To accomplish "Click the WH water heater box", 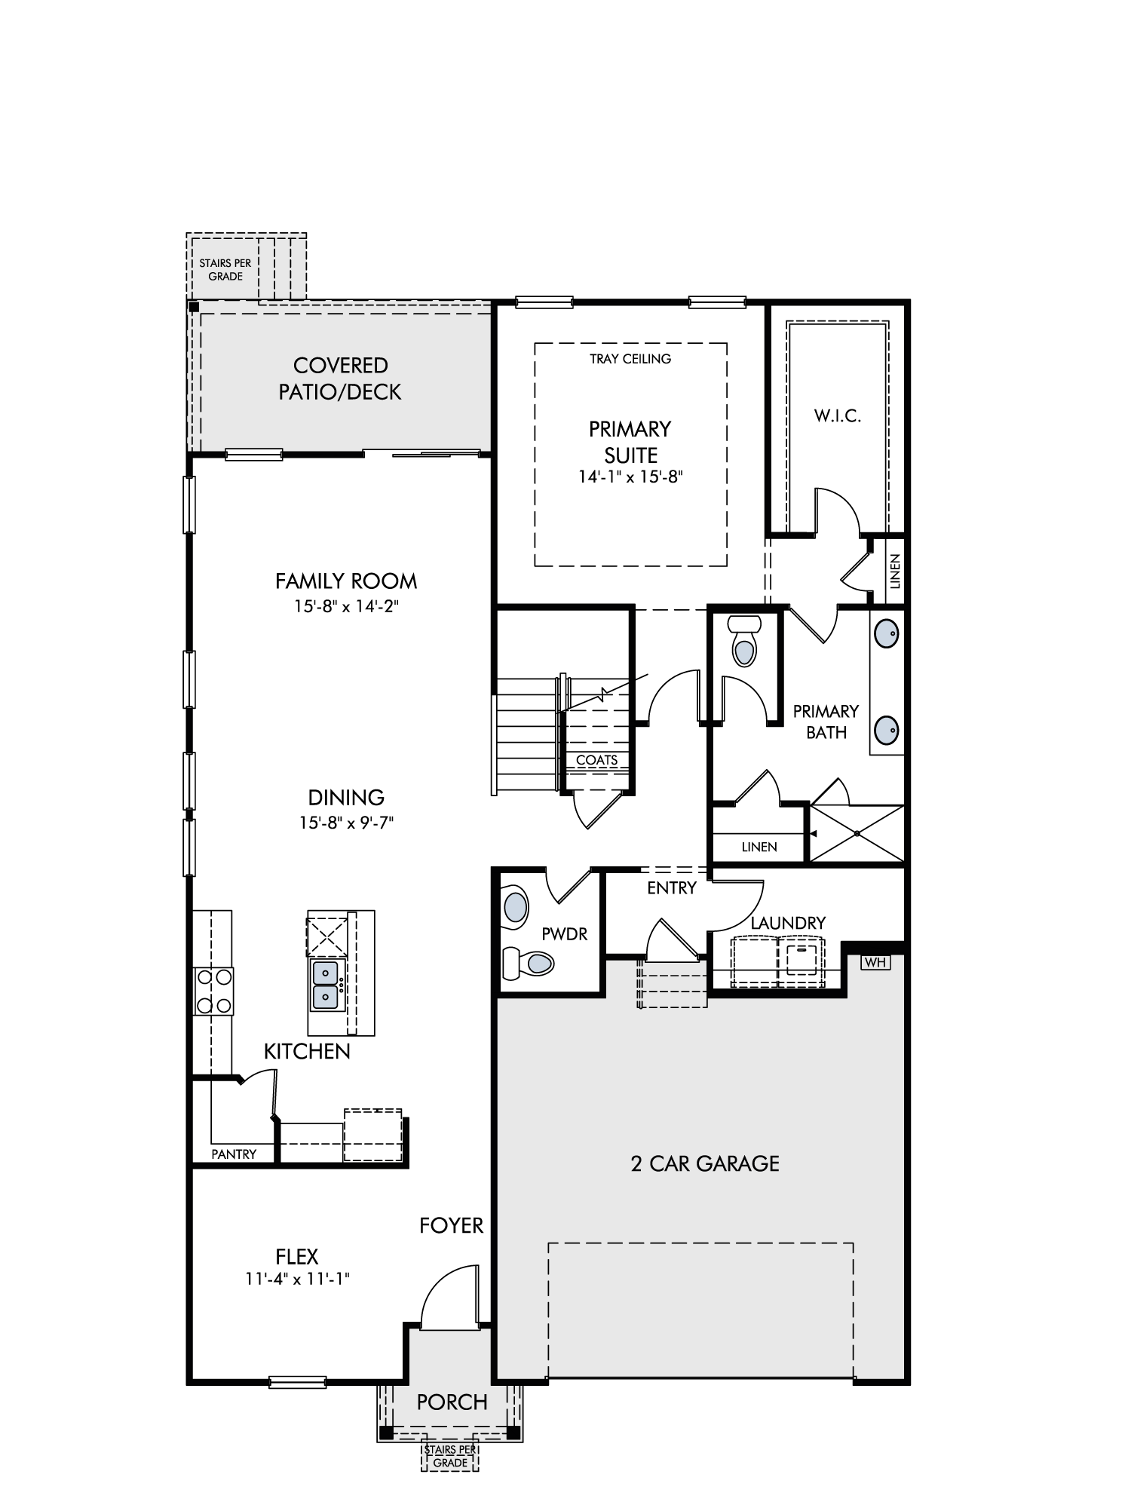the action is pos(874,962).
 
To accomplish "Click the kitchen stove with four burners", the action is pos(213,991).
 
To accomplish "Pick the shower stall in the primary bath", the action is pos(856,833).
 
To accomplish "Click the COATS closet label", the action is pos(597,760).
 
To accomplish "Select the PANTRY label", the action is pos(234,1154).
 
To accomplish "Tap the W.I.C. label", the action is pos(838,415).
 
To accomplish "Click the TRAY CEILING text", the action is pos(630,359).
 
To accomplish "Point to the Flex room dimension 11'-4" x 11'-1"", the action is pos(297,1279).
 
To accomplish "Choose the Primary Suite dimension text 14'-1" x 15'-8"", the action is pos(630,477).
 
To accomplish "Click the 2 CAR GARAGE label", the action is pos(705,1163).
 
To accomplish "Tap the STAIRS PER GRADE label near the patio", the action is pos(225,270).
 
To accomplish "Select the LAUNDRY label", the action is pos(788,923).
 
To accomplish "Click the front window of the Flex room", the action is pos(298,1382).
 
